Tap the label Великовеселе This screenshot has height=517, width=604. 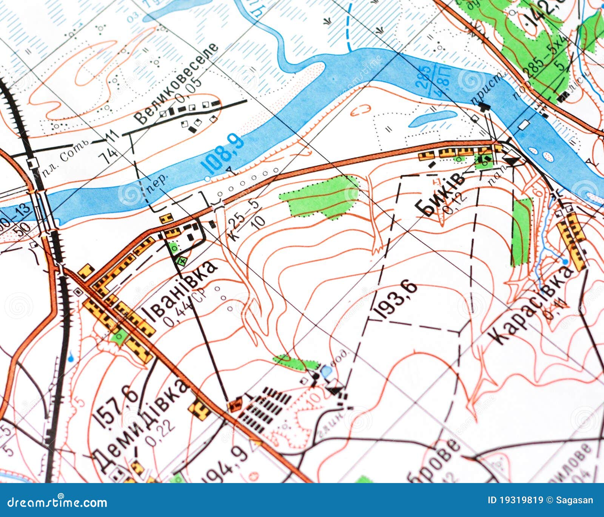click(177, 84)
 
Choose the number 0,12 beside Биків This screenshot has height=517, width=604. click(455, 204)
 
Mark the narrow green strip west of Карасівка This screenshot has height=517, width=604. click(521, 232)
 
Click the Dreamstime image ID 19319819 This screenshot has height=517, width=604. click(515, 500)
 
